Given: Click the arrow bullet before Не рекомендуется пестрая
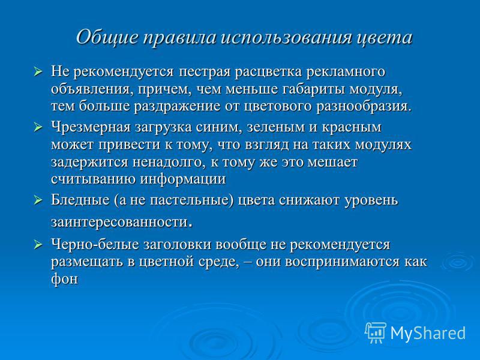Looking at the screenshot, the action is pos(38,72).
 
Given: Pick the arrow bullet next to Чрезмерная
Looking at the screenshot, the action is pos(38,127).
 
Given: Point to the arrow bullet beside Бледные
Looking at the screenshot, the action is pos(38,200).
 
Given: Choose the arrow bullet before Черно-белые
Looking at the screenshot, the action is pos(38,245).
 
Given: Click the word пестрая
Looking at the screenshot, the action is pos(205,72).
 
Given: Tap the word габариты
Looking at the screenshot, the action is pos(314,89).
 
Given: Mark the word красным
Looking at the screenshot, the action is pos(352,127).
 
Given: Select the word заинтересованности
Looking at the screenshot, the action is pos(119,222).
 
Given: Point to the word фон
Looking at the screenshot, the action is pos(65,279).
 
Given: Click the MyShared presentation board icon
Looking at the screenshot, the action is pos(376,333).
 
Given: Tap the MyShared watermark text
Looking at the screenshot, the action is pos(428,333).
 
